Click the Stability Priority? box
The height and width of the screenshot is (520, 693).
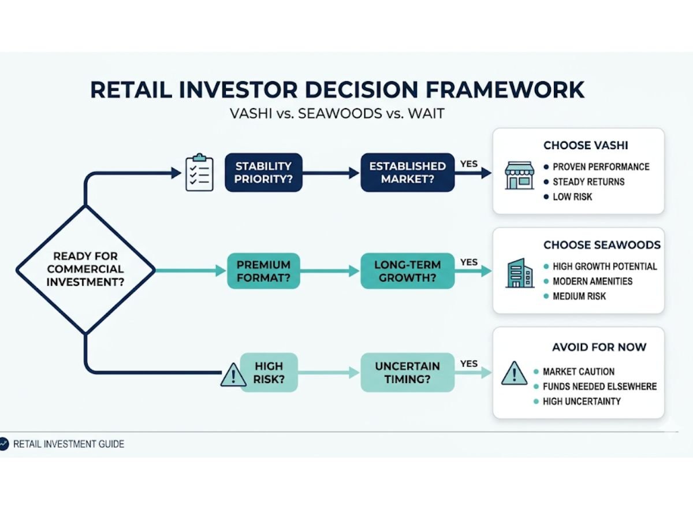tap(263, 172)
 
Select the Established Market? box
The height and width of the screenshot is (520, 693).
tap(407, 172)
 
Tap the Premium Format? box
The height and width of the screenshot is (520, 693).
tap(263, 271)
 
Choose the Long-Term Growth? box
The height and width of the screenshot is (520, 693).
tap(407, 271)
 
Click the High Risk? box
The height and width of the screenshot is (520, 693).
tap(269, 373)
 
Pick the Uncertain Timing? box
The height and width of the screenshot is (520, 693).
tap(407, 373)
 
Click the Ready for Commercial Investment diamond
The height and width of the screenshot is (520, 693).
tap(85, 269)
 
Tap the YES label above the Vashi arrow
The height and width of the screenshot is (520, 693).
tap(469, 164)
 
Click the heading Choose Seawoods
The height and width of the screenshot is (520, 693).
tap(601, 245)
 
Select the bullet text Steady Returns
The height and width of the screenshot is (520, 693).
tap(588, 181)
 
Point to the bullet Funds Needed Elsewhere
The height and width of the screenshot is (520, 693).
tap(599, 386)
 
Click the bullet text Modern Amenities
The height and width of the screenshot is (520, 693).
tap(593, 281)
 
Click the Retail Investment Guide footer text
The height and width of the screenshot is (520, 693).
tap(68, 444)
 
